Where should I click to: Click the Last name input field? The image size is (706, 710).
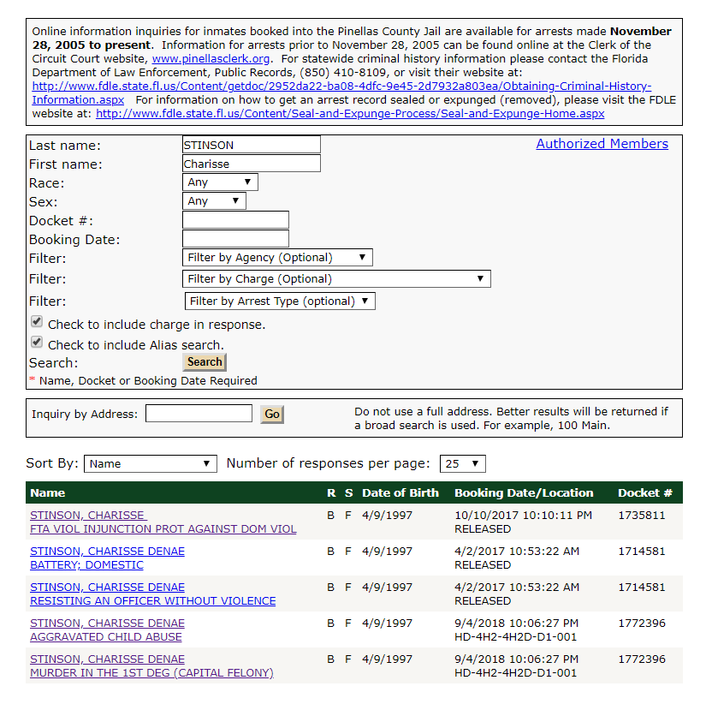pyautogui.click(x=251, y=145)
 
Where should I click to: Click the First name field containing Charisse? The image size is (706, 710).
pyautogui.click(x=251, y=164)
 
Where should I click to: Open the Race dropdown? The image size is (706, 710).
pyautogui.click(x=220, y=182)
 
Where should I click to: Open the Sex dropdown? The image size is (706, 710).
pyautogui.click(x=214, y=201)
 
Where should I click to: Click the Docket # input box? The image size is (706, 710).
pyautogui.click(x=235, y=220)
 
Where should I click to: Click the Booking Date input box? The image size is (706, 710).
pyautogui.click(x=235, y=239)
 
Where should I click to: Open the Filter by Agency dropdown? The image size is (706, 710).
pyautogui.click(x=277, y=258)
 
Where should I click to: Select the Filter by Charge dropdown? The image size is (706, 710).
pyautogui.click(x=336, y=279)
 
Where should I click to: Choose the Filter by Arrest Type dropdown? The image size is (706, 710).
pyautogui.click(x=280, y=301)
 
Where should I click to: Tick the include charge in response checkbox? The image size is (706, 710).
pyautogui.click(x=37, y=322)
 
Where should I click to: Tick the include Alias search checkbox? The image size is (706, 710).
pyautogui.click(x=37, y=343)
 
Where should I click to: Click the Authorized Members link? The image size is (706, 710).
pyautogui.click(x=602, y=144)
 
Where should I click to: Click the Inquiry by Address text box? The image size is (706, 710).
pyautogui.click(x=199, y=414)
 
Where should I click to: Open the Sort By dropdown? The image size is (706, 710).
pyautogui.click(x=150, y=464)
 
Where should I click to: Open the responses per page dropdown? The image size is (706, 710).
pyautogui.click(x=462, y=464)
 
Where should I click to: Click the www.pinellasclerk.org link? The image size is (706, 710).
pyautogui.click(x=211, y=59)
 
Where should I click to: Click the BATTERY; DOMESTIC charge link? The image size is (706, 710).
pyautogui.click(x=86, y=565)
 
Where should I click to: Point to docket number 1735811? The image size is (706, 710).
pyautogui.click(x=641, y=516)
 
